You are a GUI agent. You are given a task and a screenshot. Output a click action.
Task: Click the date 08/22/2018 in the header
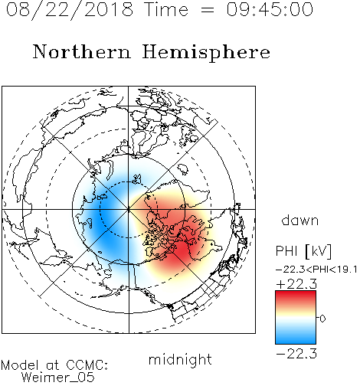70,10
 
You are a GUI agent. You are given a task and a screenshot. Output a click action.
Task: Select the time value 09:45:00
270,10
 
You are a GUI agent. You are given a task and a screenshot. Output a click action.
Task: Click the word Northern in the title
82,52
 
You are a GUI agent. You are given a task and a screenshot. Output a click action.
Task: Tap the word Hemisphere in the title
206,53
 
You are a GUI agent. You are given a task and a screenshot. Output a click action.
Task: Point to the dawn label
300,220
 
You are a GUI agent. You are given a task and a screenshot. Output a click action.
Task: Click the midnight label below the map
180,359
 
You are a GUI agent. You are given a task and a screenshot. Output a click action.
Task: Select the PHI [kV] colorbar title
303,251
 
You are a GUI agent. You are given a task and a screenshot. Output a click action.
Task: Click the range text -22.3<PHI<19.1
316,270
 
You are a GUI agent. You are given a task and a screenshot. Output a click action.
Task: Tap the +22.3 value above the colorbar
296,284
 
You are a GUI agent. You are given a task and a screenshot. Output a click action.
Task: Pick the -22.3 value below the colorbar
296,354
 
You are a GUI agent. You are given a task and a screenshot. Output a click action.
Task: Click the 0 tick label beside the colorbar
322,319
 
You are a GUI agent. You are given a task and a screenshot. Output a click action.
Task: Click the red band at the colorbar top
296,296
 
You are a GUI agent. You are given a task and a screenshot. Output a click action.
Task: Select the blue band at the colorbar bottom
296,339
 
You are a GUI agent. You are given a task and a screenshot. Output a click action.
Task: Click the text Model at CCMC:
54,365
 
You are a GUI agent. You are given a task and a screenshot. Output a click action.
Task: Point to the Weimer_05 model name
58,378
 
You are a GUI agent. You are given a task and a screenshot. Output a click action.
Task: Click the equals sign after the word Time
207,10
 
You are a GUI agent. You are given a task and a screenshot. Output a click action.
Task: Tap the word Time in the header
166,10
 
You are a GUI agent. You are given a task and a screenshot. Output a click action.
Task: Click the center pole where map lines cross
129,209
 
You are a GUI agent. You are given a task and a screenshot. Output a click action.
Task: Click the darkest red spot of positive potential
182,251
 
